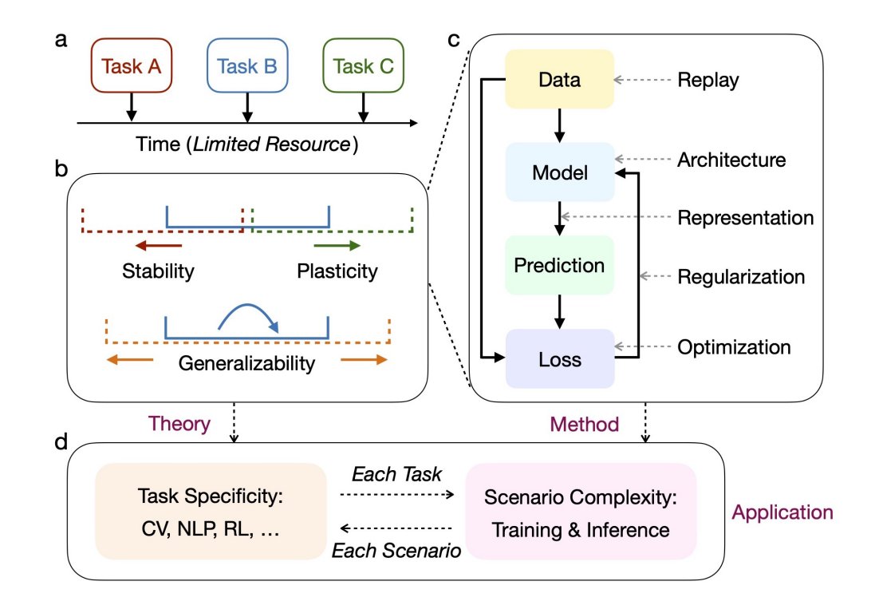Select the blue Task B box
coord(247,66)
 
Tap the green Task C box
coord(363,66)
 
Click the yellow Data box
coord(559,80)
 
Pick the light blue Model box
coord(559,172)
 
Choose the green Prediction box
coord(559,265)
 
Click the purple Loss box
coord(559,359)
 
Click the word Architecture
coord(731,160)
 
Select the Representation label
coord(745,218)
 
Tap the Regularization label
coord(741,277)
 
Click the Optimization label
coord(734,347)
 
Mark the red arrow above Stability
coord(159,247)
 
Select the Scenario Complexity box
coord(581,511)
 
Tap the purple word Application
coord(783,512)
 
